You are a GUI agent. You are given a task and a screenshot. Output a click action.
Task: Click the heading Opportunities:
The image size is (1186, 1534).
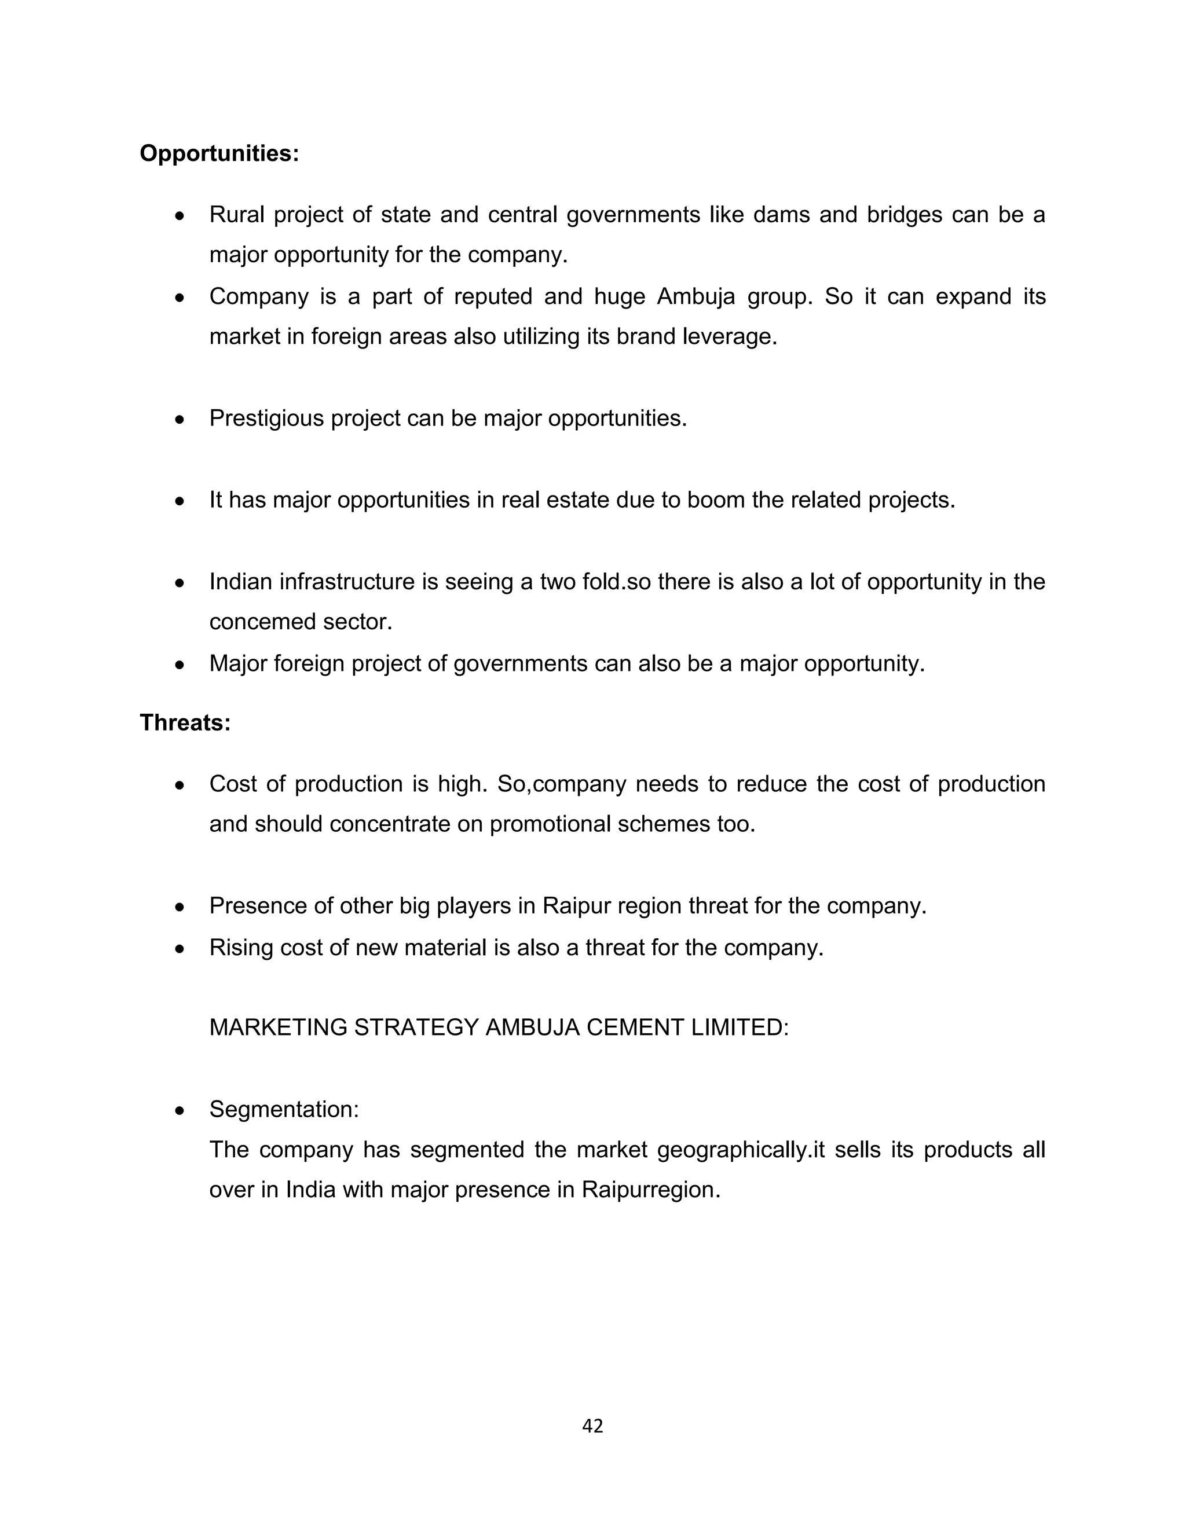tap(219, 153)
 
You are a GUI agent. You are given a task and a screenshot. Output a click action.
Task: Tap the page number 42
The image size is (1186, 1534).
tap(592, 1426)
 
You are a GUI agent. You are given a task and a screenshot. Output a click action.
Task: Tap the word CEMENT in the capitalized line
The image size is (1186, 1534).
tap(635, 1027)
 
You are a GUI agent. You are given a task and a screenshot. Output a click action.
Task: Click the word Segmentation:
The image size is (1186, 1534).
tap(284, 1109)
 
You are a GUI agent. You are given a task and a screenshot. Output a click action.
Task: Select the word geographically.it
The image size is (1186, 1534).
tap(741, 1150)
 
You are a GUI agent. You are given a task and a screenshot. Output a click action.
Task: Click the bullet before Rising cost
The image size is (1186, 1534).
tap(180, 948)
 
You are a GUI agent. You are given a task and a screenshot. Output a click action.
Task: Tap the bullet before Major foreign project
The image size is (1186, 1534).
tap(180, 664)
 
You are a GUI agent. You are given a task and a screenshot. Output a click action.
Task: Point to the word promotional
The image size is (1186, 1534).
tap(550, 824)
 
